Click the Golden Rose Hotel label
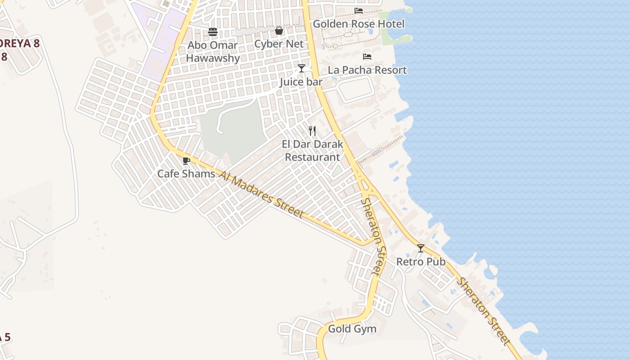tap(359, 24)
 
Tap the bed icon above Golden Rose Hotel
tap(359, 11)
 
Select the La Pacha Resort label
tap(367, 70)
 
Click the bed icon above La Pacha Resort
tap(367, 57)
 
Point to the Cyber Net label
tap(279, 44)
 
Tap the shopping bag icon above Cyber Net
tap(279, 31)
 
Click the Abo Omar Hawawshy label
tap(213, 52)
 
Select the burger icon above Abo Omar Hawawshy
tap(213, 32)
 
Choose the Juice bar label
tap(301, 82)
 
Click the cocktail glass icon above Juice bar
tap(301, 68)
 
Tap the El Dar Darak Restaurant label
tap(312, 151)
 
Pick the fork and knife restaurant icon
tap(312, 131)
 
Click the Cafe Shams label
tap(186, 174)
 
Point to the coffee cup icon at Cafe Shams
tap(186, 161)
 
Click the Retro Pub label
tap(421, 261)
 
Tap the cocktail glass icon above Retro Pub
tap(421, 248)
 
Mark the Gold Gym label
tap(352, 329)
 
